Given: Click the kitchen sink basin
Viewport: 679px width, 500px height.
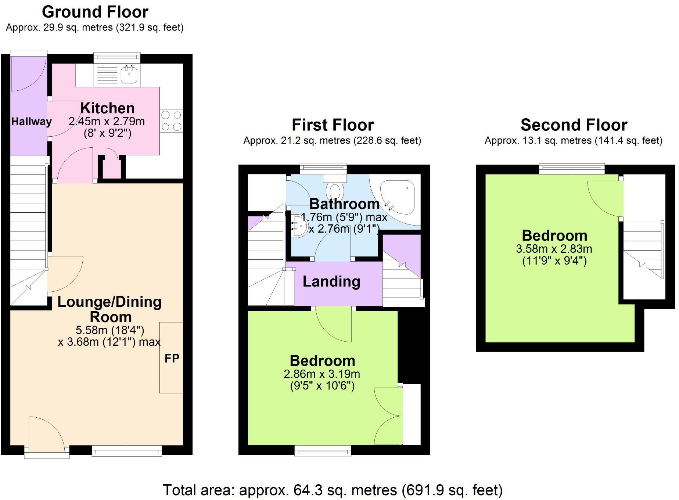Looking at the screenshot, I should coord(129,75).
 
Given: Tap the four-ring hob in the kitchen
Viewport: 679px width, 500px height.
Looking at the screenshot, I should coord(171,120).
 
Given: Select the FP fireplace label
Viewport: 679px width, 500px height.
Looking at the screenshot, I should coord(172,358).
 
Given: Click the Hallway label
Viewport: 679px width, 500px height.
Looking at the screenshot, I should coord(31,122).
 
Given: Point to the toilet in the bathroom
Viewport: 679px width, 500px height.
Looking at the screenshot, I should coord(335,190).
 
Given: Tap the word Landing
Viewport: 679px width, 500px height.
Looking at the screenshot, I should coord(331,281).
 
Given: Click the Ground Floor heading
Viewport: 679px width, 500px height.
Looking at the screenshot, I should coord(95,12).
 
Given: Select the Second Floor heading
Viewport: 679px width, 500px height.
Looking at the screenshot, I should coord(574,125).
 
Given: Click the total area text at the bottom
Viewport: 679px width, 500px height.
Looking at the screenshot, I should coord(333,490).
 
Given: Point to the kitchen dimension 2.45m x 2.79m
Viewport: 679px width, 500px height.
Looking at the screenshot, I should coord(107,121).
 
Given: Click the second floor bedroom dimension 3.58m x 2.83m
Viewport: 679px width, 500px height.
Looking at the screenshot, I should coord(554,249).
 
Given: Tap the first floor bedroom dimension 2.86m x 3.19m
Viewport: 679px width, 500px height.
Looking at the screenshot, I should coord(321,374).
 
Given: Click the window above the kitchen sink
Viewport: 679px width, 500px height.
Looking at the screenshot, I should coord(117,57).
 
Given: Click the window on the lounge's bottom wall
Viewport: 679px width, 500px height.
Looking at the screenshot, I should coord(126,450).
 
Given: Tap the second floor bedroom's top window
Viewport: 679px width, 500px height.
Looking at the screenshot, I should coord(571,168).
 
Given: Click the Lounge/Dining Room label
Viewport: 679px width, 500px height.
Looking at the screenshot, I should coord(109,309).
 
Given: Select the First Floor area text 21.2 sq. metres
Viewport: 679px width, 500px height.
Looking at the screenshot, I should coord(332,141).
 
